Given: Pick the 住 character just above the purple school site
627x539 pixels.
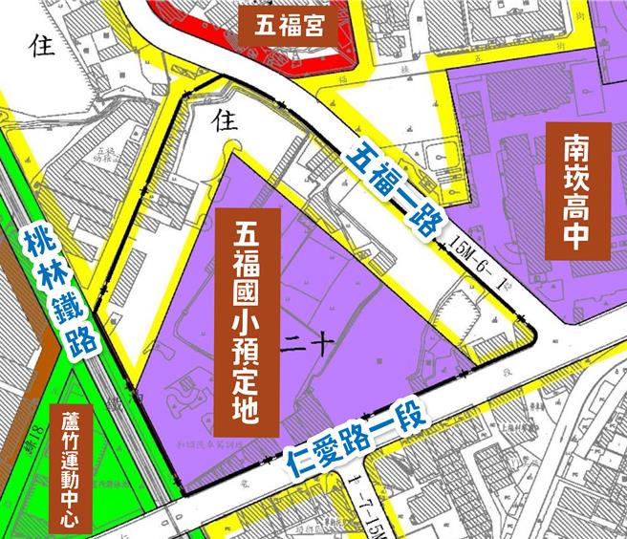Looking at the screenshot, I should coord(227,120).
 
